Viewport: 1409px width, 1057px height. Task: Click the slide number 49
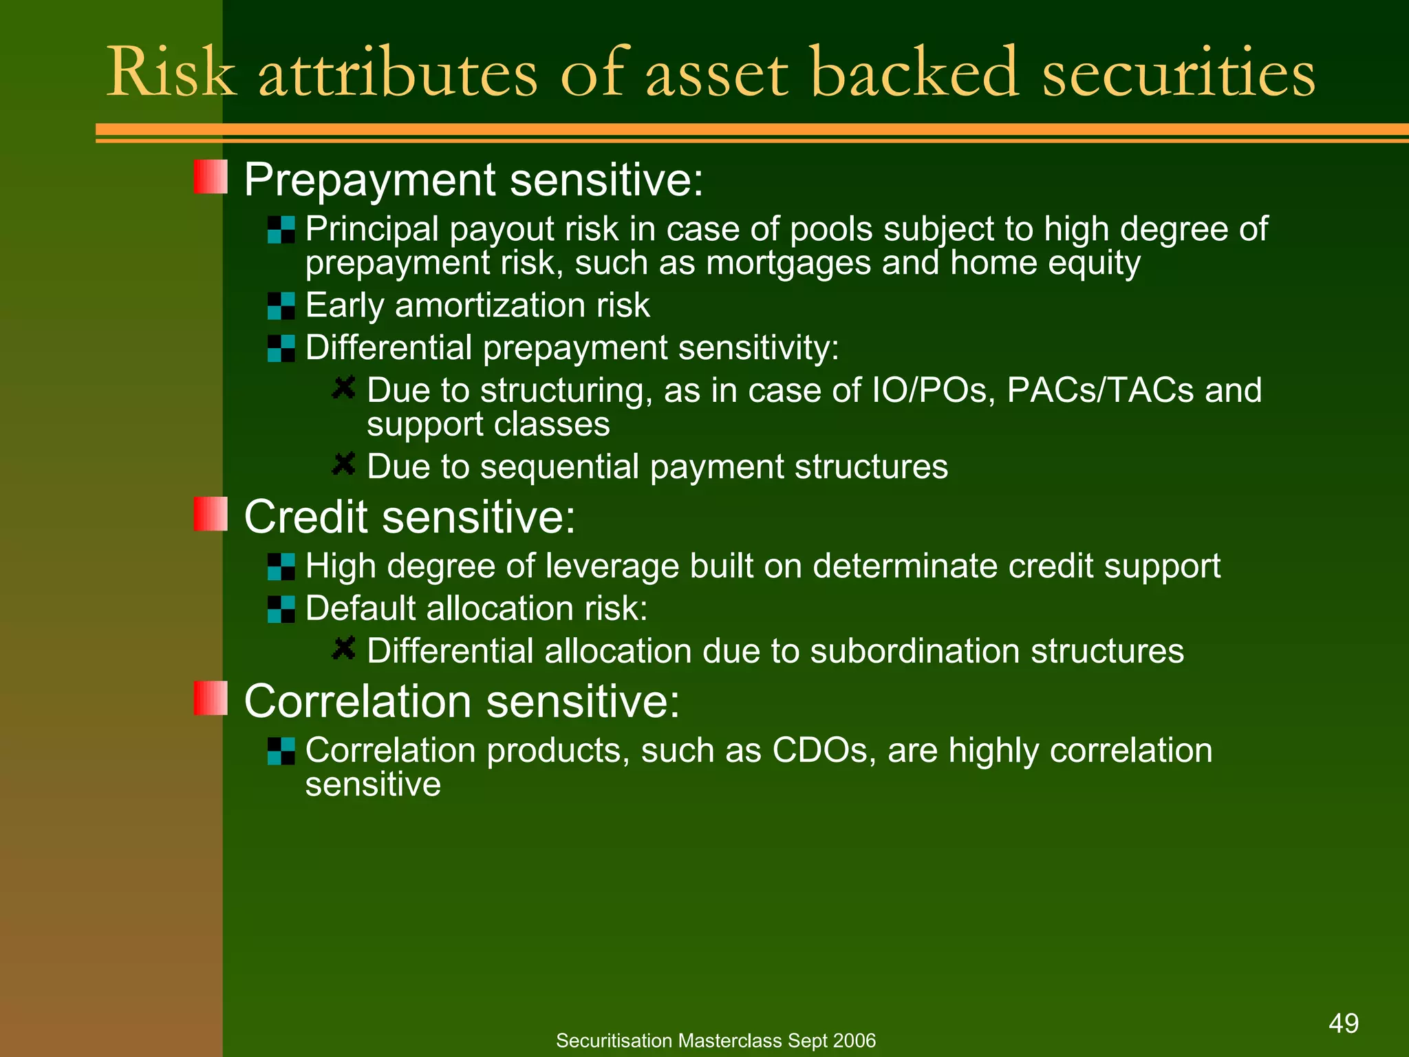point(1343,1023)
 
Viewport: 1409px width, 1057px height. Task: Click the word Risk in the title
point(171,73)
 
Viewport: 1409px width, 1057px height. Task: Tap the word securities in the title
point(1178,73)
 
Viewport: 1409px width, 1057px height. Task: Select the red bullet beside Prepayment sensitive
point(211,177)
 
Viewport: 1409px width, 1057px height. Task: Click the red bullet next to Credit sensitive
point(211,514)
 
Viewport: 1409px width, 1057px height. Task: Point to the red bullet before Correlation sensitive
point(211,698)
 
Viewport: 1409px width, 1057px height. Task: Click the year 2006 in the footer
point(854,1040)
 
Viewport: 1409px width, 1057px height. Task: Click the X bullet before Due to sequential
point(343,464)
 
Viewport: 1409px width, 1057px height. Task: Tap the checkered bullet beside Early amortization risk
point(281,306)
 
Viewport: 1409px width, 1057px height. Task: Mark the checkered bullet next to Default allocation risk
point(281,609)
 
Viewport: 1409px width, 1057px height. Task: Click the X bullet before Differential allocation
point(343,648)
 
